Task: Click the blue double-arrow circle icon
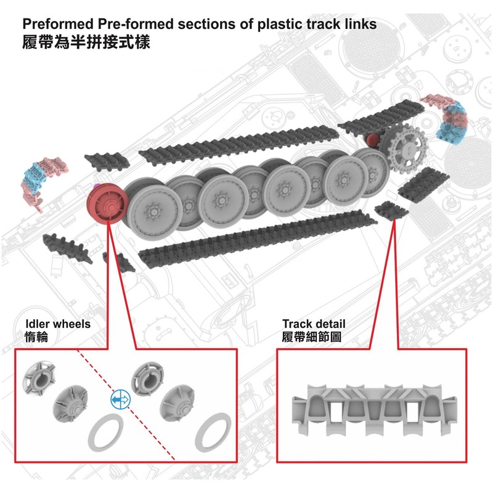pos(120,400)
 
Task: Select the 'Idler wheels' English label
pos(58,324)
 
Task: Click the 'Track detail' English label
pos(314,324)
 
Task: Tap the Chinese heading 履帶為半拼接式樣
pos(86,44)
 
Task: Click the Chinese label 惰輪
pos(36,336)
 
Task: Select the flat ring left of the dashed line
pos(102,434)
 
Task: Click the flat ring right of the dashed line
pos(212,431)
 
